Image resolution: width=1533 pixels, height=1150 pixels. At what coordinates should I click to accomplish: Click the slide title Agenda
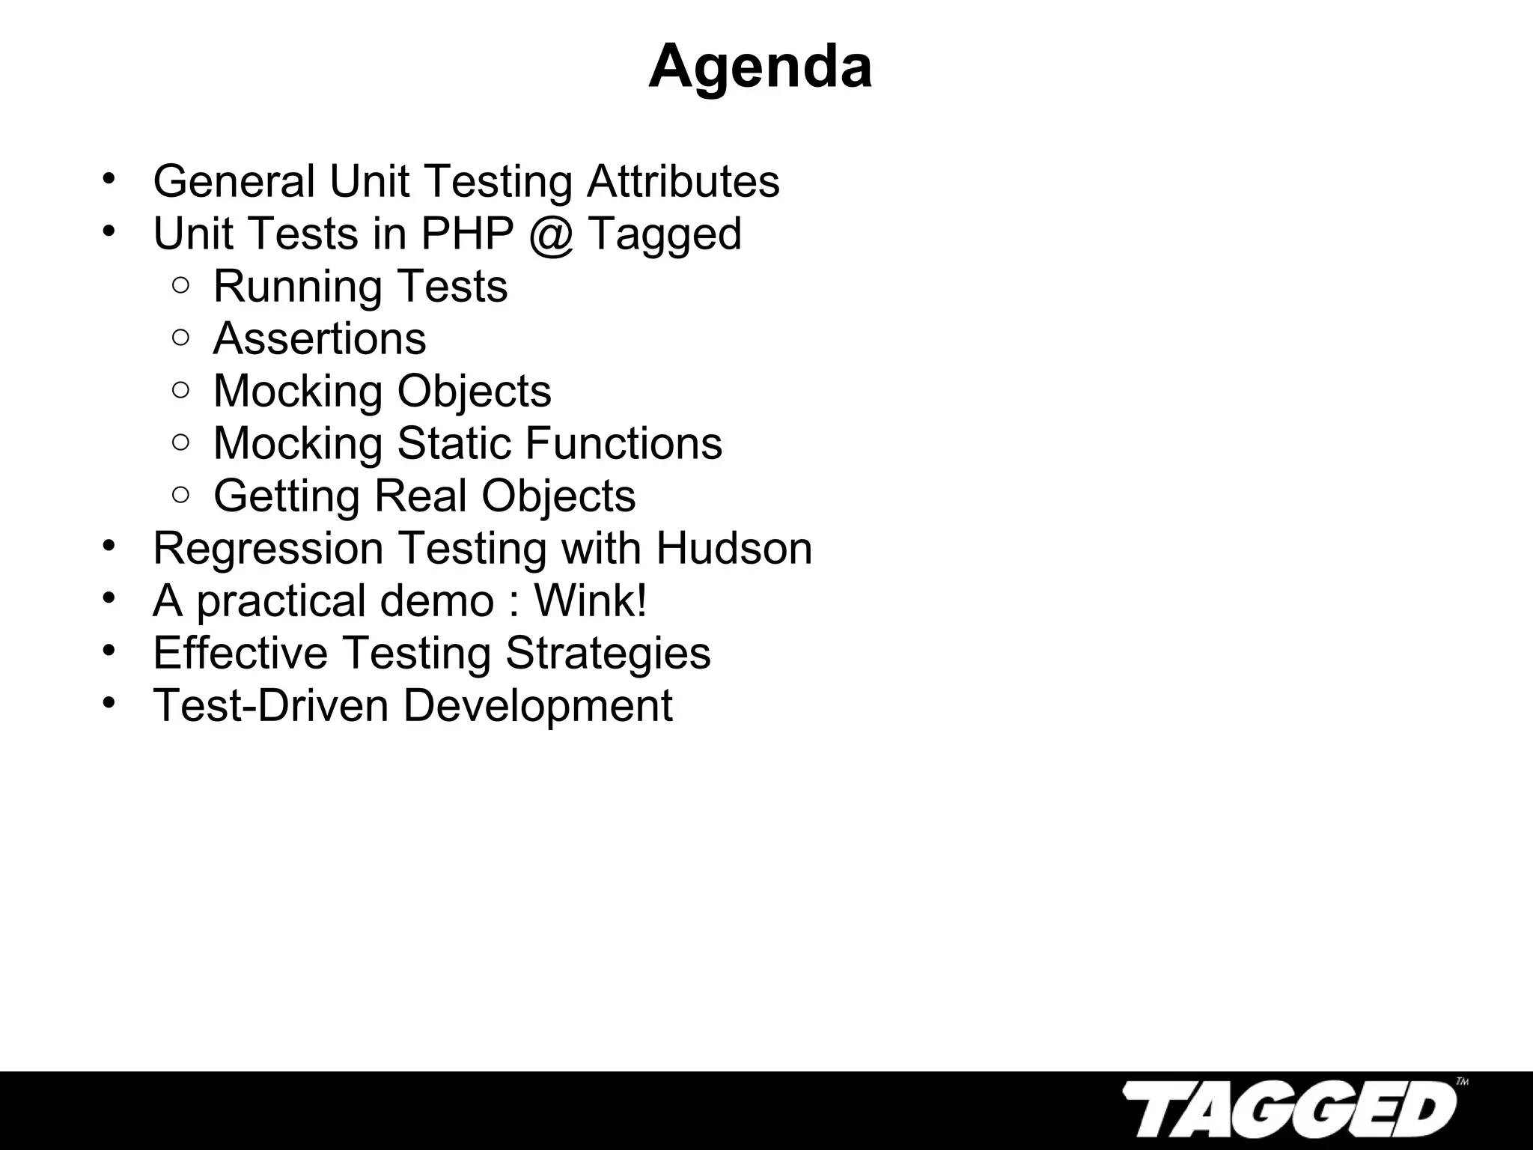(x=760, y=67)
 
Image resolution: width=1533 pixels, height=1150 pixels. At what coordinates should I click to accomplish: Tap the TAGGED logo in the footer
(x=1290, y=1109)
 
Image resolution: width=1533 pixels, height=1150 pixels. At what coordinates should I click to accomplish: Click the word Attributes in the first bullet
(x=683, y=182)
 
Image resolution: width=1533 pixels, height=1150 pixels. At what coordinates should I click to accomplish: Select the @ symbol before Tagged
(x=550, y=234)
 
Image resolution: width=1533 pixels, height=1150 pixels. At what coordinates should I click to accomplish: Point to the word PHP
(x=467, y=234)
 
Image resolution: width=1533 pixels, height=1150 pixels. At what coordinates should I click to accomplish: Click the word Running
(x=297, y=287)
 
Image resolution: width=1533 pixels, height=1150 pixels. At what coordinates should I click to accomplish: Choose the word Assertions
(x=320, y=338)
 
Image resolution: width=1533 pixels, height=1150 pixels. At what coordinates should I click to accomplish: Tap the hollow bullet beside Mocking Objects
(x=180, y=389)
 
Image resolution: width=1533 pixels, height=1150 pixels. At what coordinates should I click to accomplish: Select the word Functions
(x=623, y=443)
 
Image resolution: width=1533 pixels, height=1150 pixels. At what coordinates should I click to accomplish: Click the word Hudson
(x=734, y=548)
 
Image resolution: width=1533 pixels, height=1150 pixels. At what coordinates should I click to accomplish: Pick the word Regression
(x=267, y=548)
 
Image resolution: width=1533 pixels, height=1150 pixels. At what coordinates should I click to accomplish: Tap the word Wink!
(x=590, y=600)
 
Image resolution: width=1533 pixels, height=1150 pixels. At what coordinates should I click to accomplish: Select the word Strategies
(x=608, y=653)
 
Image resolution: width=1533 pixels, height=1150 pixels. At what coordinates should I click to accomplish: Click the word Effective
(x=240, y=653)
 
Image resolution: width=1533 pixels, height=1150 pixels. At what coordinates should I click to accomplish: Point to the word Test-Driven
(x=270, y=705)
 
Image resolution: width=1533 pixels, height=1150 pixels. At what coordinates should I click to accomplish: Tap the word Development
(x=537, y=707)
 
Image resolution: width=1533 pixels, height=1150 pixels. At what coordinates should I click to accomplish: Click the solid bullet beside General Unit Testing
(x=109, y=180)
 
